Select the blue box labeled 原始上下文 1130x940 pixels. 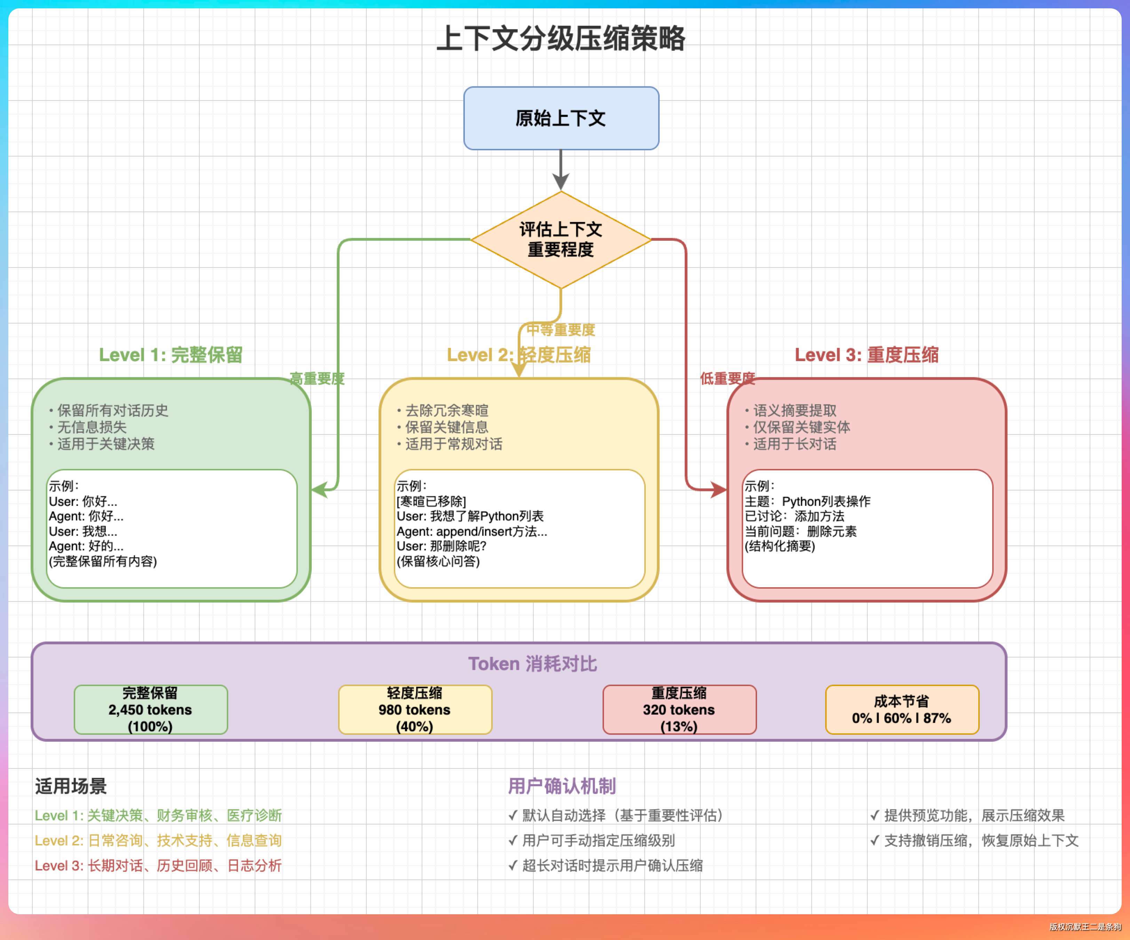(561, 118)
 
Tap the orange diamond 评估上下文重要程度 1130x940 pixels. (561, 239)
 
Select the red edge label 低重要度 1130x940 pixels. (727, 379)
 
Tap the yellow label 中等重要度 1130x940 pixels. (561, 330)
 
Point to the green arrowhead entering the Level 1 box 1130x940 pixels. (319, 489)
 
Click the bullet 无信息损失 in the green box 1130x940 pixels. (92, 427)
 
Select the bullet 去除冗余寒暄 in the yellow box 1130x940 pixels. (447, 411)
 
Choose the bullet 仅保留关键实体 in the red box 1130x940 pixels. (801, 427)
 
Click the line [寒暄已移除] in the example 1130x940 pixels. (431, 501)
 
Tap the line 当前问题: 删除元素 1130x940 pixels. (800, 532)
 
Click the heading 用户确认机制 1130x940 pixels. (562, 786)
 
